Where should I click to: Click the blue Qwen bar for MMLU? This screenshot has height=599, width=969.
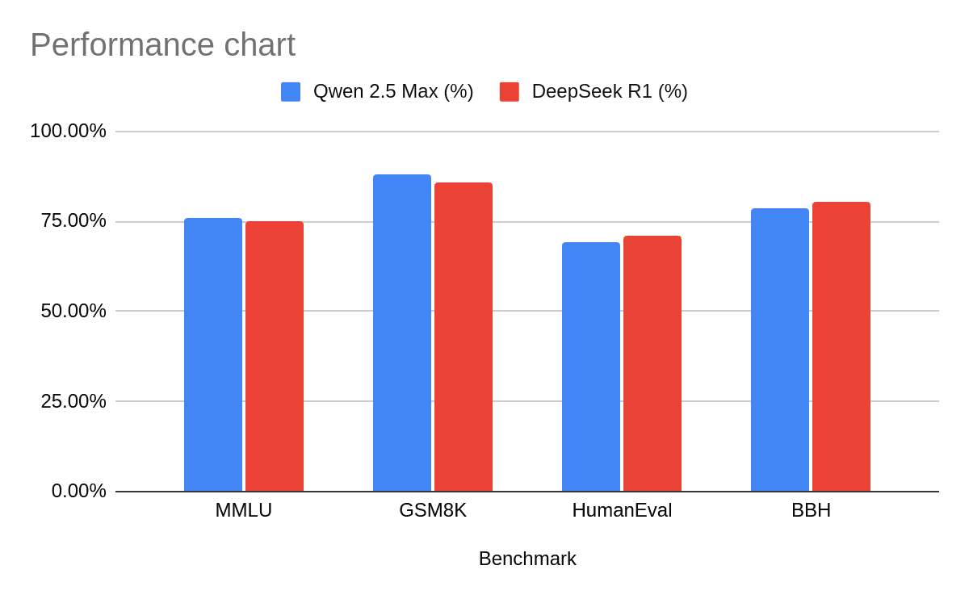(x=213, y=355)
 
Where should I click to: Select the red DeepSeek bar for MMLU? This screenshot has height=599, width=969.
(x=275, y=357)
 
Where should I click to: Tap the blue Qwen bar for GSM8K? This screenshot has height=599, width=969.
(x=402, y=333)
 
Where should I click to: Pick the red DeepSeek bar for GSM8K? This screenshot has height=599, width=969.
(x=464, y=337)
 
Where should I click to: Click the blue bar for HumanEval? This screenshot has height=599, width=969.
(x=591, y=367)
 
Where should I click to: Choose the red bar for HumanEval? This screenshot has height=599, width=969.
(x=652, y=363)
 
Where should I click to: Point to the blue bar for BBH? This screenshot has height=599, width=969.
(x=780, y=350)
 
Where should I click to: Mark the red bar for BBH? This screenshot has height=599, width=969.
(x=841, y=346)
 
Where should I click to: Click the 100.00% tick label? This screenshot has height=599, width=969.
(x=68, y=131)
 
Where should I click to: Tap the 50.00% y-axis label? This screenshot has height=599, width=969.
(x=73, y=311)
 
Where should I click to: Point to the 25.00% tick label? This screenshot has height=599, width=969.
(x=73, y=401)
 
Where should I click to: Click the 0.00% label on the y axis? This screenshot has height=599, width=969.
(x=78, y=491)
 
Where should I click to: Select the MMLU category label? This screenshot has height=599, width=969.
(x=243, y=510)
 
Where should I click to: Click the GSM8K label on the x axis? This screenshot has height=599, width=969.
(x=433, y=510)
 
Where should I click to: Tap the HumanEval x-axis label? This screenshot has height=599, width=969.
(x=622, y=510)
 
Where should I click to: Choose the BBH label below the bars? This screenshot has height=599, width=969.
(x=811, y=510)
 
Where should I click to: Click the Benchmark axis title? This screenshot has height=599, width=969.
(x=527, y=559)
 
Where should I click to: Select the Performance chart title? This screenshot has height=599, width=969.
(x=162, y=45)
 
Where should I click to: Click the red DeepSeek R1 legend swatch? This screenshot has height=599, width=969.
(x=510, y=92)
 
